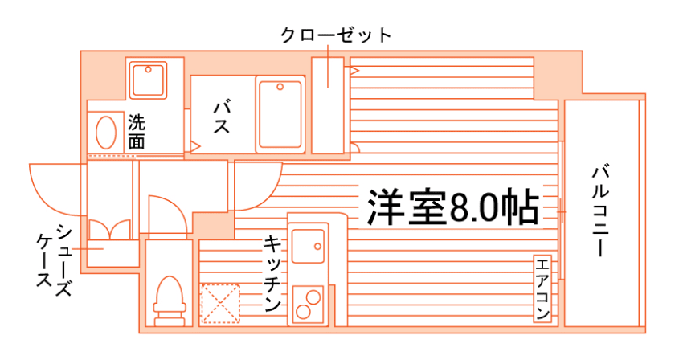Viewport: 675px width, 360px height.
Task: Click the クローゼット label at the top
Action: (336, 35)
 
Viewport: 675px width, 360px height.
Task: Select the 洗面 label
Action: (137, 131)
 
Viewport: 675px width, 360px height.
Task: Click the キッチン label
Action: (272, 273)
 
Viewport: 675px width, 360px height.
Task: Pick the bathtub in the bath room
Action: (280, 114)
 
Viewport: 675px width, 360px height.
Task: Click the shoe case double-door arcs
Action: (109, 229)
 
